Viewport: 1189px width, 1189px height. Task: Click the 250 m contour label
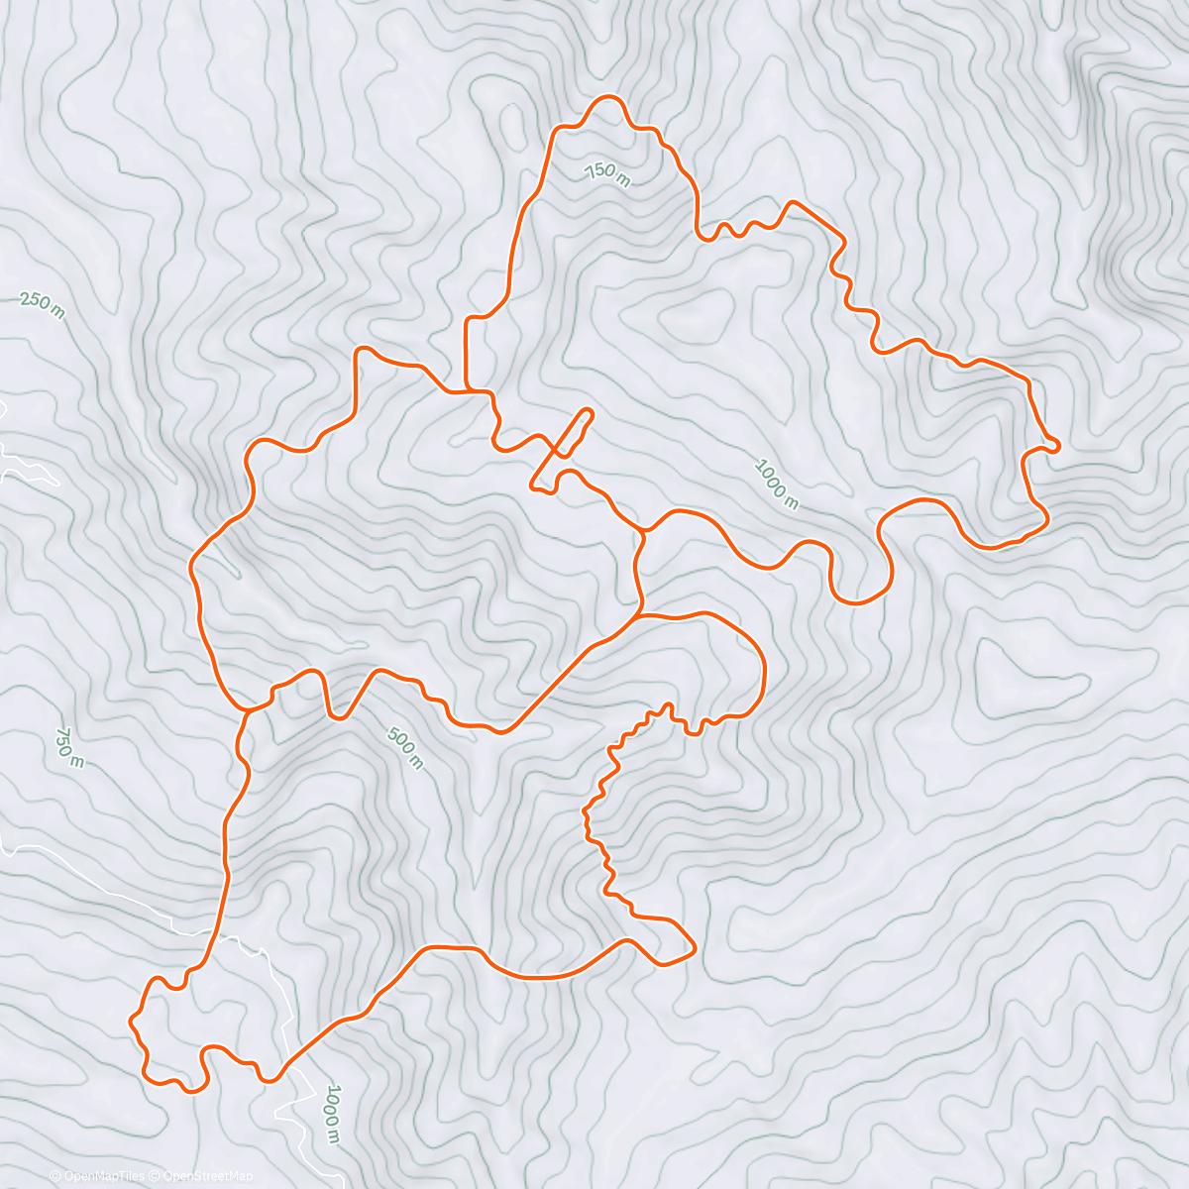pos(42,305)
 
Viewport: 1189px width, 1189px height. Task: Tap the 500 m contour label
pos(405,748)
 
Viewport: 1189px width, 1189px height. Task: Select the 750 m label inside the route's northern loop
pos(607,174)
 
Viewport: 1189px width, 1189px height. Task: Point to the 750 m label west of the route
pos(68,747)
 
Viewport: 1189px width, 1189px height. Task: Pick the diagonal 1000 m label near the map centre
pos(777,484)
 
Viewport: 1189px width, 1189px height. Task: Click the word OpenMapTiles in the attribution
pos(103,1176)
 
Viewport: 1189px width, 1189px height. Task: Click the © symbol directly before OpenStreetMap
pos(156,1176)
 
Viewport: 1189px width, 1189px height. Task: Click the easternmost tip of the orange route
pos(1059,446)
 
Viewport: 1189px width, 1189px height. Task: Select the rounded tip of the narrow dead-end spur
pos(589,411)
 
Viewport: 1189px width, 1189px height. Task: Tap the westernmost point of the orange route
pos(132,1018)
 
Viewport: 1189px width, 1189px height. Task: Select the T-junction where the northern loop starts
pos(467,390)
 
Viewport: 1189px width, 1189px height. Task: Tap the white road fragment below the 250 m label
pos(25,466)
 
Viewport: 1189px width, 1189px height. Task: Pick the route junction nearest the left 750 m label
pos(247,709)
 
